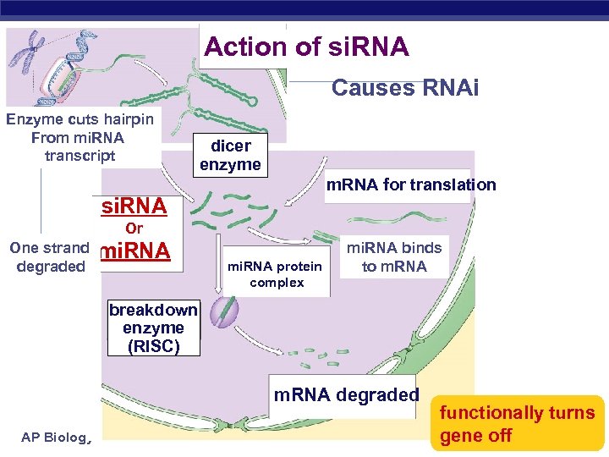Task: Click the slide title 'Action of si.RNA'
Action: (x=306, y=47)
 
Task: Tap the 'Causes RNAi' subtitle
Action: (x=404, y=88)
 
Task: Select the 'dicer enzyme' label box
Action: (x=230, y=155)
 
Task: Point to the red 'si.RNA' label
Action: (x=134, y=206)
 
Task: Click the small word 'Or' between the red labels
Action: (x=134, y=228)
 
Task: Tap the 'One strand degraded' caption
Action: (x=51, y=257)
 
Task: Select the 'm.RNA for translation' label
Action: (x=411, y=184)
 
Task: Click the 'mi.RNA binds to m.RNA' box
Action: (x=393, y=257)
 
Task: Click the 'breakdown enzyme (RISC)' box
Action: (x=152, y=328)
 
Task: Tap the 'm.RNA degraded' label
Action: (x=346, y=394)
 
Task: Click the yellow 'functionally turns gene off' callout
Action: (x=517, y=424)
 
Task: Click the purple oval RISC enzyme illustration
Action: (x=223, y=310)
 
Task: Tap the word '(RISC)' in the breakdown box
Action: (x=152, y=345)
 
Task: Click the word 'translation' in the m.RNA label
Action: (x=457, y=184)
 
